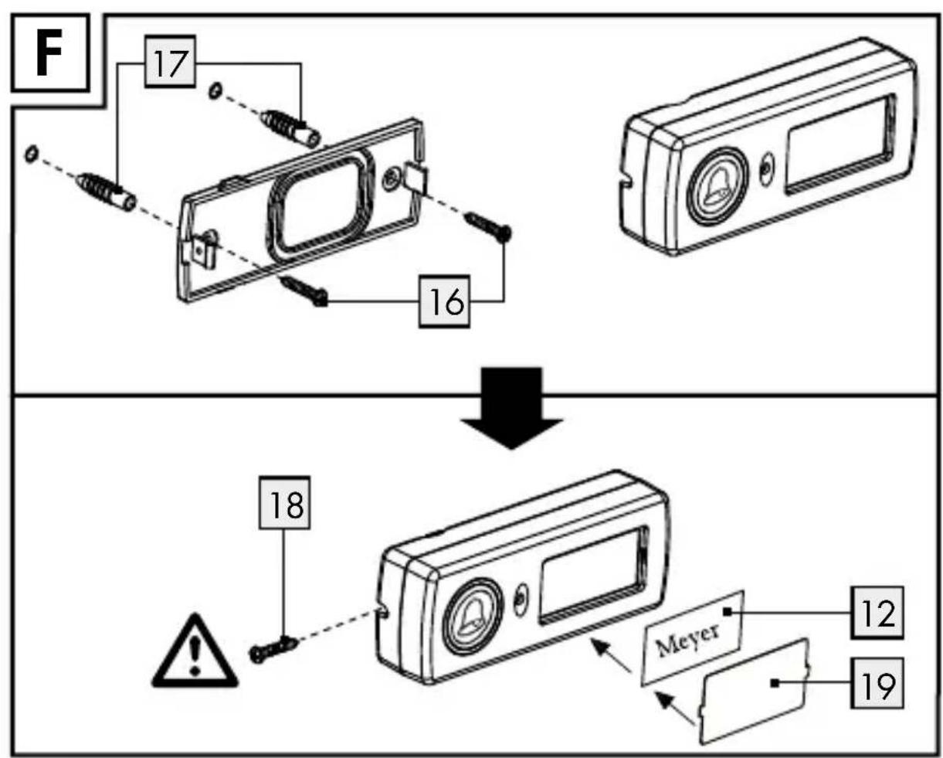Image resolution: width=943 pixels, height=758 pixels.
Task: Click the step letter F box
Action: tap(50, 53)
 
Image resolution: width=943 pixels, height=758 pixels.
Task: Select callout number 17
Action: tap(171, 61)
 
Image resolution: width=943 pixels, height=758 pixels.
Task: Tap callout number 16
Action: tap(444, 301)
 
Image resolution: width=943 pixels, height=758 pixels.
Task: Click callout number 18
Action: tap(285, 503)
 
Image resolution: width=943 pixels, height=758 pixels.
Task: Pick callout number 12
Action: tap(877, 613)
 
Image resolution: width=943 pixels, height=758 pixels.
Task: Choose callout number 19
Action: tap(877, 683)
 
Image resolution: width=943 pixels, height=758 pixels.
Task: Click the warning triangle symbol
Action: tap(195, 651)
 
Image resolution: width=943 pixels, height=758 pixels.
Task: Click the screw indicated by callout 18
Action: tap(273, 650)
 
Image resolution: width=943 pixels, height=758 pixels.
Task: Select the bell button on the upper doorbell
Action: tap(717, 186)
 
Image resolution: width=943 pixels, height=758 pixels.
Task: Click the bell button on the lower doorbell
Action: tap(473, 617)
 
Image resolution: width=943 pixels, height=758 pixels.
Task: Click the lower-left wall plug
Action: tap(106, 192)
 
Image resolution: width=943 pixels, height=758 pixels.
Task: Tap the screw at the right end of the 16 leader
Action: tap(488, 226)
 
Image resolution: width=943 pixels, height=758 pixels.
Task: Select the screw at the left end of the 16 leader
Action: tap(305, 291)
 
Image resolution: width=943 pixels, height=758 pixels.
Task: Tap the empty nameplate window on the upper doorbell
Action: tap(840, 144)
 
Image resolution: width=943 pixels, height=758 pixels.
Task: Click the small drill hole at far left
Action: tap(32, 154)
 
